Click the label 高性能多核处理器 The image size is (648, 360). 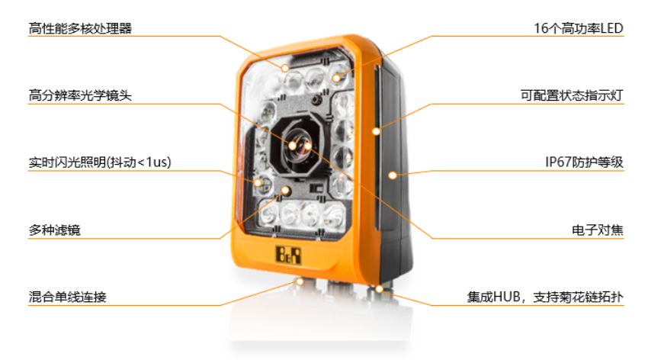coord(80,28)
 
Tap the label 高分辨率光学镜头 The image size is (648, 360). coord(80,95)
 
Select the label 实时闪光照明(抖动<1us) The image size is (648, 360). coord(100,162)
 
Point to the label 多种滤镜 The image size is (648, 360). coord(55,230)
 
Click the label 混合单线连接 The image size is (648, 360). coord(67,297)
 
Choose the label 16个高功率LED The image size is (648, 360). coord(579,28)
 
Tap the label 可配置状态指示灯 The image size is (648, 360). coord(572,95)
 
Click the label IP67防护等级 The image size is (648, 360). coord(585,162)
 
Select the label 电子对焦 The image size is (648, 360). coord(598,230)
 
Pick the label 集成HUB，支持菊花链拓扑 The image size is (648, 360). coord(545,297)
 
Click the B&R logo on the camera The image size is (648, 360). coord(288,255)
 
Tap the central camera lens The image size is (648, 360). coord(299,147)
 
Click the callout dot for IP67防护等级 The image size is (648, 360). coord(392,175)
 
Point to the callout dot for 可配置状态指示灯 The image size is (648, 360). coord(376,131)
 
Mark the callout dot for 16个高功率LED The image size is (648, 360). coord(337,77)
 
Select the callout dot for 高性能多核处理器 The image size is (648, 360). coord(285,67)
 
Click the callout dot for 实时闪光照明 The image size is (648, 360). coord(258,182)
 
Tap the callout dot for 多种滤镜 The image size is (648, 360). coord(285,190)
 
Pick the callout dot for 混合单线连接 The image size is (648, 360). coord(300,281)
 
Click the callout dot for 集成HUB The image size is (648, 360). coord(379,289)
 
